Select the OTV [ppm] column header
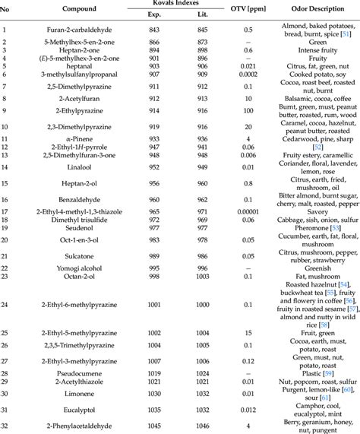point(247,10)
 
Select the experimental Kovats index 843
point(155,30)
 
